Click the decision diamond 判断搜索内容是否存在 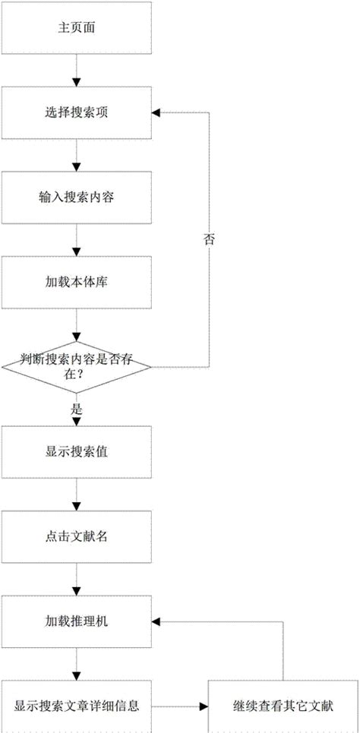coord(76,368)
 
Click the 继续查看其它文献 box coord(283,706)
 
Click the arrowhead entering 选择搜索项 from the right coord(156,113)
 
